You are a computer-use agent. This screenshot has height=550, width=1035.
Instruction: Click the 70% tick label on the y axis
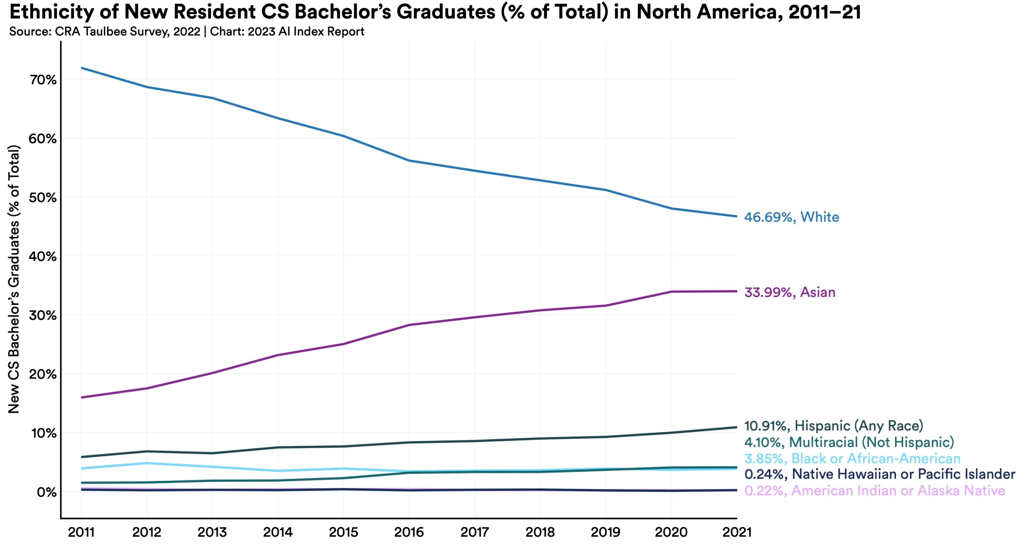pos(43,80)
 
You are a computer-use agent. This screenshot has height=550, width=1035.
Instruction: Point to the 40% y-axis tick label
pos(43,256)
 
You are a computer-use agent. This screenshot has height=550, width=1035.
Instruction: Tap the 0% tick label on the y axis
pos(46,492)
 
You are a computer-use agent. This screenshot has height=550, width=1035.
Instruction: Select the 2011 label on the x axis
pos(81,532)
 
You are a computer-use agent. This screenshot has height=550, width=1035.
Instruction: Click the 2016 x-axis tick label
pos(409,532)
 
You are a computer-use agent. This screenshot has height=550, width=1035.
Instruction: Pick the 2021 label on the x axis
pos(737,532)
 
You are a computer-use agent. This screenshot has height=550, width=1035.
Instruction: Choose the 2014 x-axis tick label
pos(278,532)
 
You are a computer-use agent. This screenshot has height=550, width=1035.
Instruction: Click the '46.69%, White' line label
pos(791,217)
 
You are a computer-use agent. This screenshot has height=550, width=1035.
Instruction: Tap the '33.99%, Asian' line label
pos(790,292)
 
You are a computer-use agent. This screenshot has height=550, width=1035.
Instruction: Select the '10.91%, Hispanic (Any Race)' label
pos(834,426)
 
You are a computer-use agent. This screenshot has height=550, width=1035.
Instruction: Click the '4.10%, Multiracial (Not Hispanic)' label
pos(849,442)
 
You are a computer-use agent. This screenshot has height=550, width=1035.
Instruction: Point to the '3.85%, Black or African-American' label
pos(852,458)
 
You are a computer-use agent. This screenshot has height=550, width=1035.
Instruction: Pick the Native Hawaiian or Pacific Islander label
pos(879,474)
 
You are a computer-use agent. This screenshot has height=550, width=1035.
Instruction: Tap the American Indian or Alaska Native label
pos(874,491)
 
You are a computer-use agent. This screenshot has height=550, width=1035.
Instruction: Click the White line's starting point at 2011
pos(82,68)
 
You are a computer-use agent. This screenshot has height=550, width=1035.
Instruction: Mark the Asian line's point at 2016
pos(409,325)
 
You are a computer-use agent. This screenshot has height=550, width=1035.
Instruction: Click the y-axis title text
pos(14,279)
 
